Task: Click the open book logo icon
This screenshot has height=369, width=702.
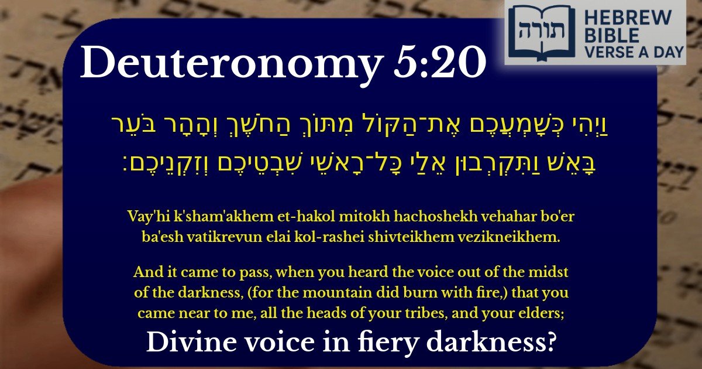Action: (536, 30)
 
